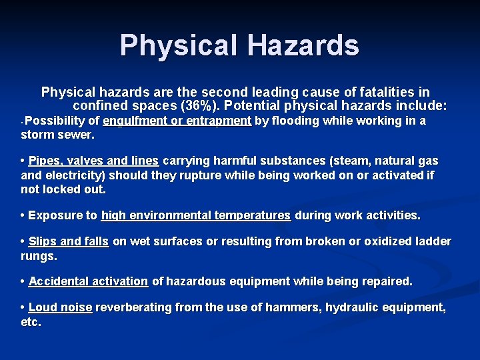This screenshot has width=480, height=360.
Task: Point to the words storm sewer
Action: coord(57,135)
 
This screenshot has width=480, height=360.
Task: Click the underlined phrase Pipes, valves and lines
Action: coord(94,161)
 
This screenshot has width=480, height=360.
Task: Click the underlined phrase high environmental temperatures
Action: coord(196,215)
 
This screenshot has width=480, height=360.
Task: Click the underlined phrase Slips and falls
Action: coord(69,241)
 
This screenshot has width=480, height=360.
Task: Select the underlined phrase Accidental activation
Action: coord(88,281)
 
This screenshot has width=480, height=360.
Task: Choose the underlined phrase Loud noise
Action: coord(60,307)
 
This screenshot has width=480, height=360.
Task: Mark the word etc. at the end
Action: coord(31,322)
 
